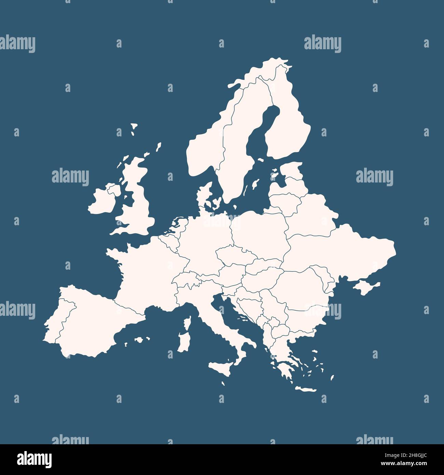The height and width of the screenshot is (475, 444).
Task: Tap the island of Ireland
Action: tap(102, 202)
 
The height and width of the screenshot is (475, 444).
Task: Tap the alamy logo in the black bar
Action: tap(34, 459)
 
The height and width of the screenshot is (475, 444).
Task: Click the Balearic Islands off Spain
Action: tap(139, 340)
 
